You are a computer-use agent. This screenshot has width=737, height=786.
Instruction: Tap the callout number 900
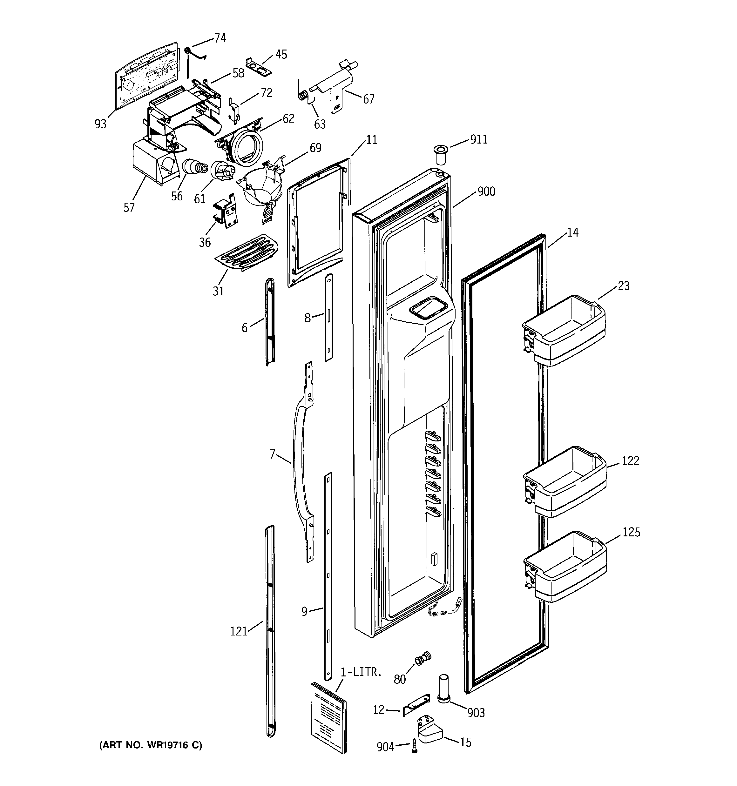[x=486, y=191]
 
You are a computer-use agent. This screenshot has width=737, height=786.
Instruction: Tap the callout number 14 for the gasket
[x=572, y=232]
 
